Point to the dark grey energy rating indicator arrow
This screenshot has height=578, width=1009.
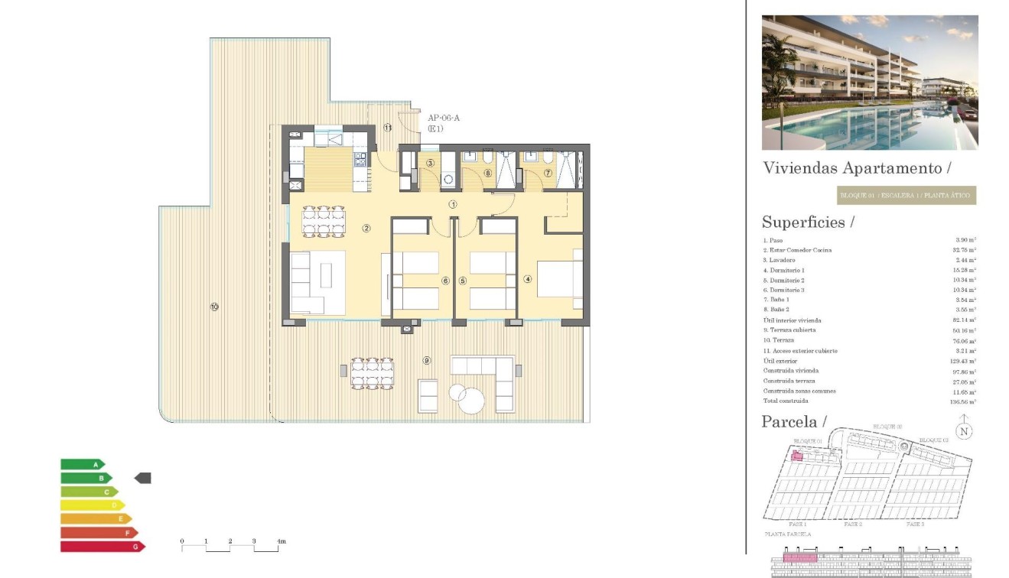pos(143,478)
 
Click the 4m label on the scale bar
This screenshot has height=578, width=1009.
pos(282,541)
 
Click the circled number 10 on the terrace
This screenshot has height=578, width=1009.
pos(214,307)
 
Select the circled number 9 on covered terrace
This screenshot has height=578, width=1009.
pos(427,360)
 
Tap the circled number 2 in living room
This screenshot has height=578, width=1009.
pos(366,228)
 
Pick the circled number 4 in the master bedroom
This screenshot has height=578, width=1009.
pos(527,279)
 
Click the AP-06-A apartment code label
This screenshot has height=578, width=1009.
pos(444,118)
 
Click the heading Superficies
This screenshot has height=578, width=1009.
pos(807,222)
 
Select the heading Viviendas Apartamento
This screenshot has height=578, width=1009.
pos(857,168)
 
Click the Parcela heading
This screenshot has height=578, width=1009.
pos(794,422)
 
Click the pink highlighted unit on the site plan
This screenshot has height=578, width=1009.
pos(796,456)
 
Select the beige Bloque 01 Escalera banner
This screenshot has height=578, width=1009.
pos(906,196)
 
